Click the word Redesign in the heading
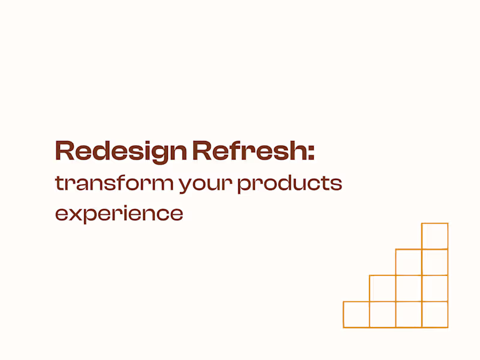(x=121, y=151)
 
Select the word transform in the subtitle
(x=114, y=183)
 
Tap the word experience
(x=119, y=214)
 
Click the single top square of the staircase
(x=434, y=236)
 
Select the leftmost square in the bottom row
(x=356, y=314)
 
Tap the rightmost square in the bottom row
(x=434, y=314)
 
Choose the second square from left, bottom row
(x=382, y=314)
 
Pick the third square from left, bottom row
(x=409, y=314)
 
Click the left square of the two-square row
(x=409, y=262)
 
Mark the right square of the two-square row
(x=434, y=262)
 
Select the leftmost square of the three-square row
(x=382, y=288)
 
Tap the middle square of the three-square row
(x=409, y=288)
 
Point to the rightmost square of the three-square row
(x=434, y=288)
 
